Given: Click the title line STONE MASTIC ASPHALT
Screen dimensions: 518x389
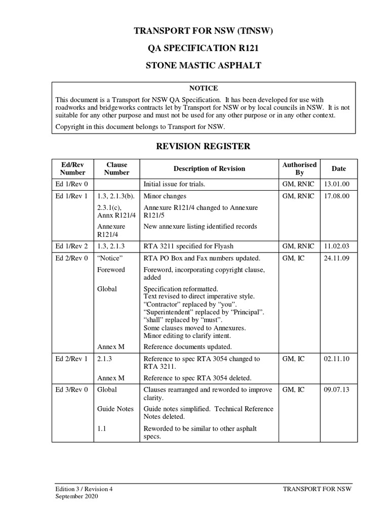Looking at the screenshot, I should point(203,65).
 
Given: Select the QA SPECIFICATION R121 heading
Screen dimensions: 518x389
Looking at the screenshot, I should point(203,49).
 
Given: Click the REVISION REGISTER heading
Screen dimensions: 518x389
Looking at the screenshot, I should point(203,147).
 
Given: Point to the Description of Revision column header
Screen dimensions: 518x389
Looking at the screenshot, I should point(209,168).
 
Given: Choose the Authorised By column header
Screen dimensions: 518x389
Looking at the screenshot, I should point(299,168).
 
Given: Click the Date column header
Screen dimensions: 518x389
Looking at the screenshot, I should point(338,168).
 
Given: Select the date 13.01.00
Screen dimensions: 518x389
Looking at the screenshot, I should point(335,184).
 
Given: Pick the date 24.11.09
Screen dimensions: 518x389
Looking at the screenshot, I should point(335,258).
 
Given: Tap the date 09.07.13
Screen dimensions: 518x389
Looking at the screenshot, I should point(335,390).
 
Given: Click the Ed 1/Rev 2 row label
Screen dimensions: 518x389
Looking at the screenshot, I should point(71,246).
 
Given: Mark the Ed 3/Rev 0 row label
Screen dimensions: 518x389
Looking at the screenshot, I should point(71,390).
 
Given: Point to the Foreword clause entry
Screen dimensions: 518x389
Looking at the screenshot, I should point(110,270).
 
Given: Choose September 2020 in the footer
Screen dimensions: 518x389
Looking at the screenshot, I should point(77,497).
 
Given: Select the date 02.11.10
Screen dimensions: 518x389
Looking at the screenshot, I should point(335,359).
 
